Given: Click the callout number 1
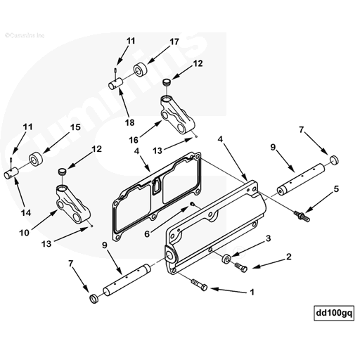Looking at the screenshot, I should coord(253,290).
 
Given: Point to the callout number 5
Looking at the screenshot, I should coord(337,188).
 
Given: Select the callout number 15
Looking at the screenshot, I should coord(75,127).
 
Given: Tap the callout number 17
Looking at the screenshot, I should coord(174,41).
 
